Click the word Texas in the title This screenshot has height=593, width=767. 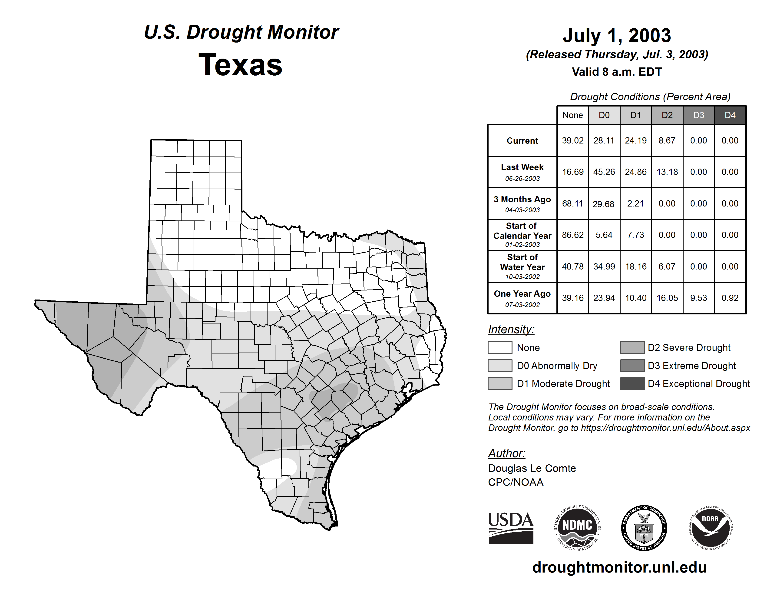(240, 65)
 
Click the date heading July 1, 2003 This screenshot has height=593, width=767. (617, 36)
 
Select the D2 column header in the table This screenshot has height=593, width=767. (667, 115)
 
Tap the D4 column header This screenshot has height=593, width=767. (730, 115)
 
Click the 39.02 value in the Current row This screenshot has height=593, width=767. (572, 140)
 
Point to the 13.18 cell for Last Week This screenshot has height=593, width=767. (667, 172)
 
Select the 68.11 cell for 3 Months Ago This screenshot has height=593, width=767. (572, 203)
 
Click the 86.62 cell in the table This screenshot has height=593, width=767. (572, 235)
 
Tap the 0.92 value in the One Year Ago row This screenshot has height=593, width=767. (730, 298)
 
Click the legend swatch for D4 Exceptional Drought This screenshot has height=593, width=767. (632, 384)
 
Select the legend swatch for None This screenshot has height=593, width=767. (500, 347)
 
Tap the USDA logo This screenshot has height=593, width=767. (511, 528)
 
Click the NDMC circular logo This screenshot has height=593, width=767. (577, 528)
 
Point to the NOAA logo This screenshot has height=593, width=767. (710, 528)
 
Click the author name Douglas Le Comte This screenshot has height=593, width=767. (532, 468)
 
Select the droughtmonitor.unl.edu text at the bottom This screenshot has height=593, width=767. (619, 568)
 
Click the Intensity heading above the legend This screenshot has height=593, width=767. (511, 330)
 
